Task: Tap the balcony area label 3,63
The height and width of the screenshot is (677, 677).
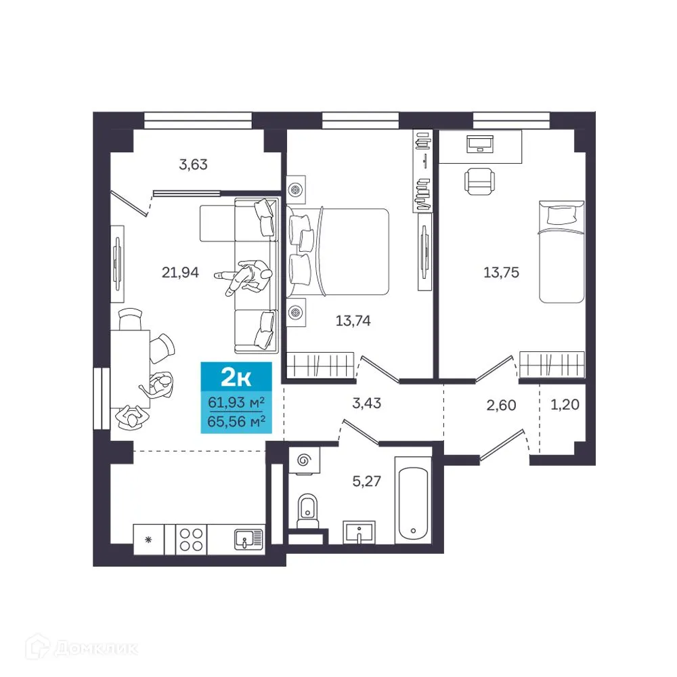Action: tap(192, 164)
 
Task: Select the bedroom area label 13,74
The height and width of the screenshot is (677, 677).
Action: tap(353, 322)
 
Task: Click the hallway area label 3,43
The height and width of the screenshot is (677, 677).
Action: tap(368, 403)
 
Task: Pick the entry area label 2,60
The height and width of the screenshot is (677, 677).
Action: tap(501, 406)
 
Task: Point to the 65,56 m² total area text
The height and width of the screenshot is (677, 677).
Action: tap(236, 420)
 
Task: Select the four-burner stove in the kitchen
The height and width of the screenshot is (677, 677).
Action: tap(191, 540)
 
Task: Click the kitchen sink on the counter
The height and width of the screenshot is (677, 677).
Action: tap(246, 540)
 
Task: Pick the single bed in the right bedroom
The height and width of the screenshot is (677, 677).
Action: tap(561, 250)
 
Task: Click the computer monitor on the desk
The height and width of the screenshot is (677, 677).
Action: tap(480, 144)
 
